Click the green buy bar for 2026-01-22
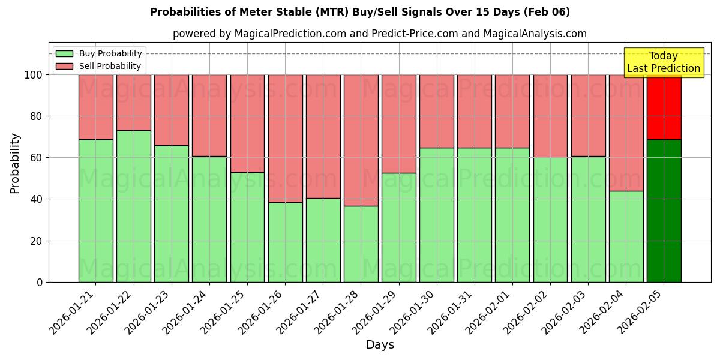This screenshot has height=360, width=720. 133,206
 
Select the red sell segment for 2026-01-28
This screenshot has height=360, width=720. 361,140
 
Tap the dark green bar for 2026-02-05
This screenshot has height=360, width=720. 664,211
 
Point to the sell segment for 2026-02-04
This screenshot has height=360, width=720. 626,133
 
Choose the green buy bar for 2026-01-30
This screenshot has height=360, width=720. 437,215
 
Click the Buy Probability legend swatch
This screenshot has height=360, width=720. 64,53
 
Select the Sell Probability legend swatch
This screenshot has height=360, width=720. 64,66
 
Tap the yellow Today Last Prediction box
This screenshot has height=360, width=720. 664,62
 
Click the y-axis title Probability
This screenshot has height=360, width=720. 15,163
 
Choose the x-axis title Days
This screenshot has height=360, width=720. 380,345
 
